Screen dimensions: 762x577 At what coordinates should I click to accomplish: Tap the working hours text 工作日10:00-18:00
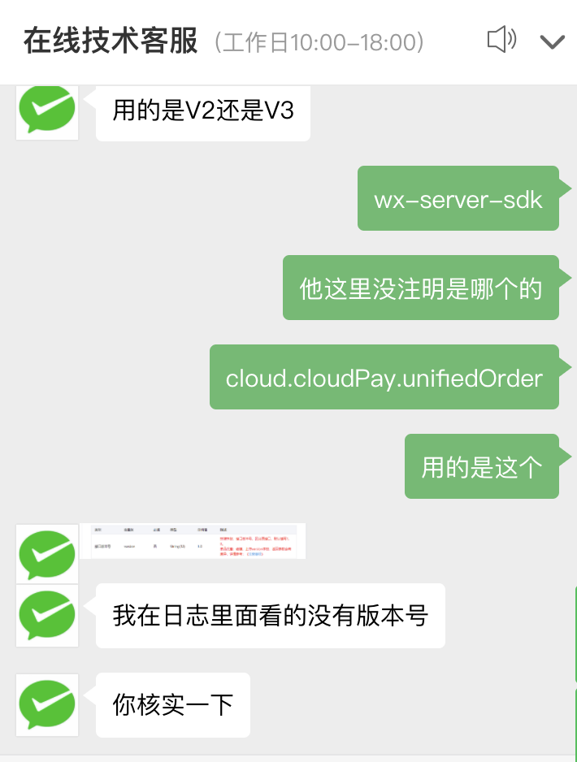coord(319,42)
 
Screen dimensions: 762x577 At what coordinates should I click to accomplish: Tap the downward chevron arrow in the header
coord(552,41)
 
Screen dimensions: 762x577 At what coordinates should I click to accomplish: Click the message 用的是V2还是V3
coord(202,110)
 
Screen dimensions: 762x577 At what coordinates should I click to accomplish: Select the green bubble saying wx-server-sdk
coord(458,199)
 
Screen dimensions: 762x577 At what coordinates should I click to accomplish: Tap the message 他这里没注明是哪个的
coord(420,288)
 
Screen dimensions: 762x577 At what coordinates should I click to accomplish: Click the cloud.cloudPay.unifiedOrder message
coord(384,378)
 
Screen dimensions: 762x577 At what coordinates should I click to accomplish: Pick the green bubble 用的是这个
coord(481,467)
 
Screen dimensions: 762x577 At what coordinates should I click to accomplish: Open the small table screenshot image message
coord(194,541)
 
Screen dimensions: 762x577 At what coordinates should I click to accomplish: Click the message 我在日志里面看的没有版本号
coord(270,616)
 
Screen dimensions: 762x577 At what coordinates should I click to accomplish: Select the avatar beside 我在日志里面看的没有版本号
coord(47,616)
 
